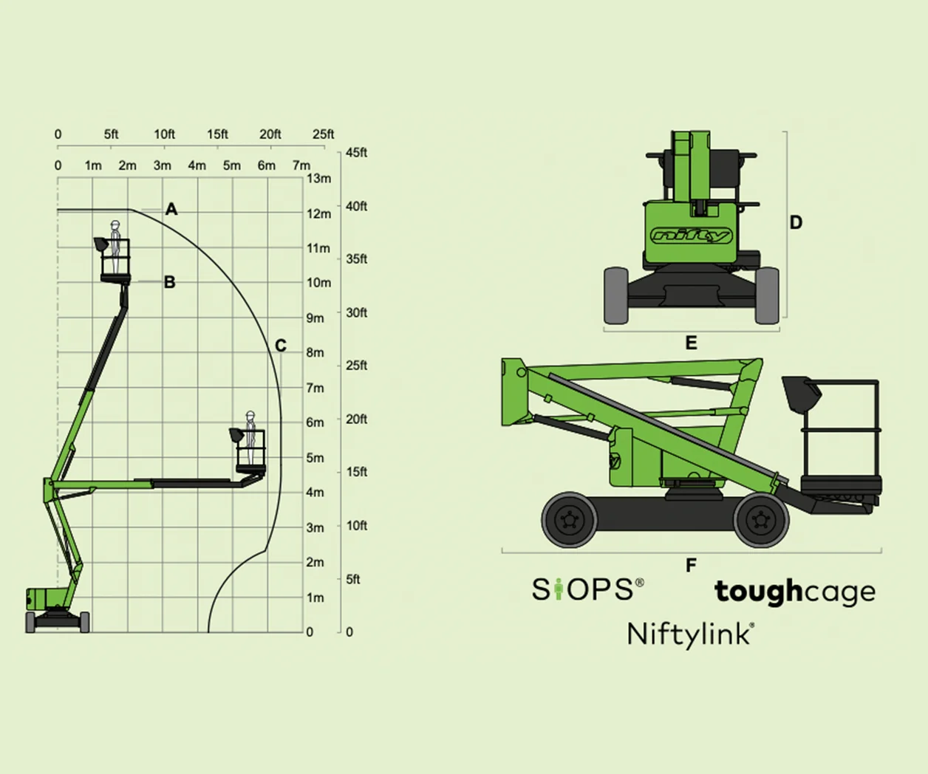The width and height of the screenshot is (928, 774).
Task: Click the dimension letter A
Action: tap(171, 209)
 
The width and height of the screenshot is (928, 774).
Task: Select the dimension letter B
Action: tap(170, 282)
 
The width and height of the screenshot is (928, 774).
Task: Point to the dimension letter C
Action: tap(281, 345)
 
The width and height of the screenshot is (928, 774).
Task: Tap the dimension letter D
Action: tap(796, 222)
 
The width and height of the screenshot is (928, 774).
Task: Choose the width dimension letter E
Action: tap(691, 343)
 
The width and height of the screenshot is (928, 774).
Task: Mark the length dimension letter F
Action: tap(691, 565)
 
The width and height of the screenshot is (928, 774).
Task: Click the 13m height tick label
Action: tap(319, 178)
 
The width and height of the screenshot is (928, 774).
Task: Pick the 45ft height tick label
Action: tap(356, 152)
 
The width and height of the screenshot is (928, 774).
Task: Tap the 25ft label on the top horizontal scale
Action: tap(323, 134)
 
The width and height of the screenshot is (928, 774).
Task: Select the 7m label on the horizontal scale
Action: tap(301, 165)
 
